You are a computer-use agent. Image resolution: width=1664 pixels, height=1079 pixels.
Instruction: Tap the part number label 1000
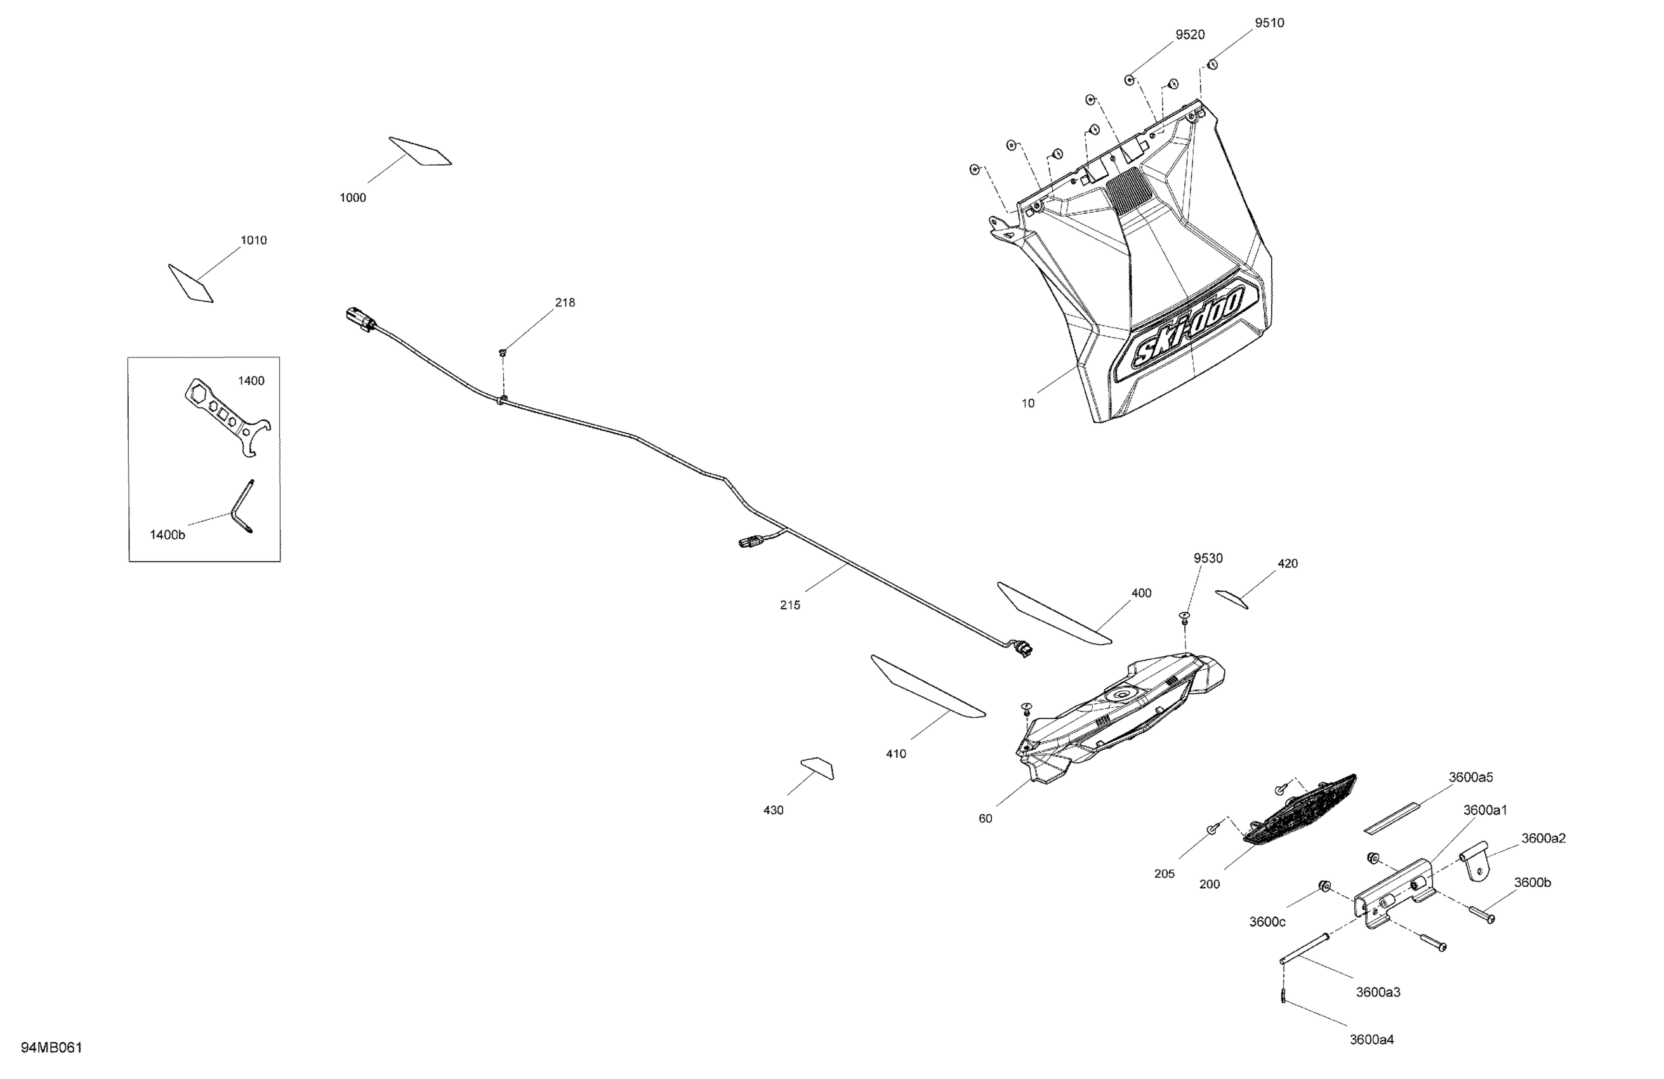click(x=352, y=198)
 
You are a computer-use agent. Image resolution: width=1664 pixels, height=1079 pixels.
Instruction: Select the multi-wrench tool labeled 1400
click(x=228, y=417)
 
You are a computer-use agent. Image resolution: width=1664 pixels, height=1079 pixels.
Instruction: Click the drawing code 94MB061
click(x=52, y=1047)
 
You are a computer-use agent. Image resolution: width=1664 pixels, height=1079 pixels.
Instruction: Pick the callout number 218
click(x=565, y=303)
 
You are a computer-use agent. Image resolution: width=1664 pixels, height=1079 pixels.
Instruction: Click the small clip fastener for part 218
click(x=503, y=352)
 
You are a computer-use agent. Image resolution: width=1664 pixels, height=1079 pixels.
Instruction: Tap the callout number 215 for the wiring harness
click(x=790, y=606)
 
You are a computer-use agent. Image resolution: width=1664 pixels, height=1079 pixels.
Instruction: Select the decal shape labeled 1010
click(x=190, y=283)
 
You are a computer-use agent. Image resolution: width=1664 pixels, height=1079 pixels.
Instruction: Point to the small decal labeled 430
click(x=818, y=767)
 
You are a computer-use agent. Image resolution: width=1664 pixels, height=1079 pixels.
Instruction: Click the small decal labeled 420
click(x=1231, y=599)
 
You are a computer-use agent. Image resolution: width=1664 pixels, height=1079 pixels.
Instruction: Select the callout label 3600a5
click(x=1470, y=778)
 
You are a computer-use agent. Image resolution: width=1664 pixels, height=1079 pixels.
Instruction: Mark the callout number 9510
click(x=1269, y=23)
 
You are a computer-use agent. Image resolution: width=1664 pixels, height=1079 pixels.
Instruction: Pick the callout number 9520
click(x=1190, y=35)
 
